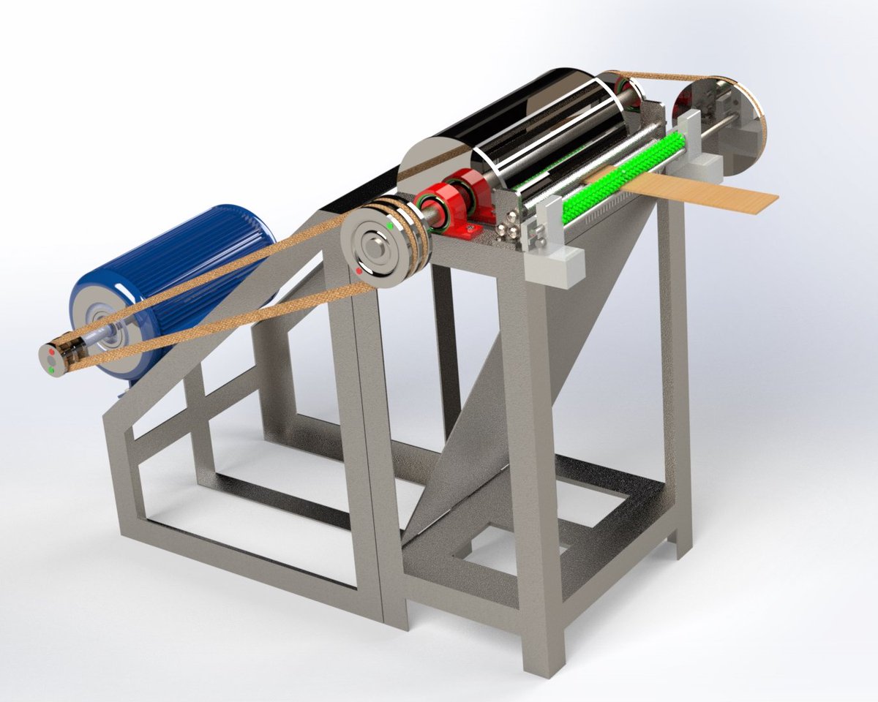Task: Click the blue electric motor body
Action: [x=183, y=263]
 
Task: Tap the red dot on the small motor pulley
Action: [x=51, y=353]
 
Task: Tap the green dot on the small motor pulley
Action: [x=53, y=370]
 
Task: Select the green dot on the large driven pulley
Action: [x=389, y=226]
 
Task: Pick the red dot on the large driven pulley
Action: [x=358, y=271]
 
